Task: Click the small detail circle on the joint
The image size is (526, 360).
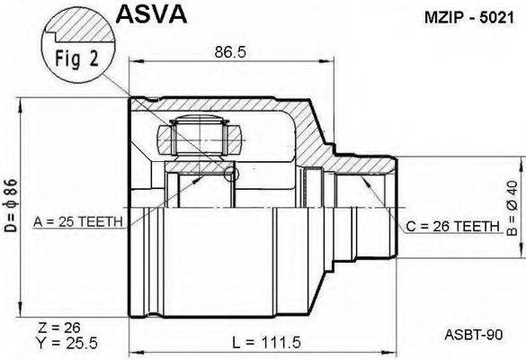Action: (233, 172)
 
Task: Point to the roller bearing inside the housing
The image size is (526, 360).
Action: (199, 139)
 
